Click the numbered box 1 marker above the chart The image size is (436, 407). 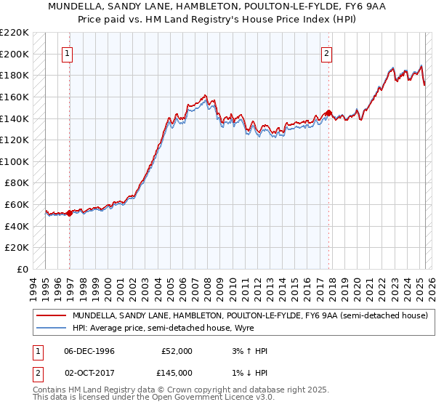[x=67, y=53]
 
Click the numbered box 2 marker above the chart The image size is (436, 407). [x=326, y=53]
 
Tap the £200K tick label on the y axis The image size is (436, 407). [x=15, y=55]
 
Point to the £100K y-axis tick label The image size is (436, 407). [x=15, y=162]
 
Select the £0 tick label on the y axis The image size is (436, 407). [x=23, y=270]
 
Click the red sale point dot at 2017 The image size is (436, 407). [x=328, y=113]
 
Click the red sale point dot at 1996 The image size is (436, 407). [x=70, y=213]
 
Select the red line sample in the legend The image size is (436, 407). [x=51, y=316]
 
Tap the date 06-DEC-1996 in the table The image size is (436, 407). [x=89, y=351]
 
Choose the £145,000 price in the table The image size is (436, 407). [x=177, y=373]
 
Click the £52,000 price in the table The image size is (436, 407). [x=177, y=351]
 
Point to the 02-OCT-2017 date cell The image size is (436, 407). [x=89, y=373]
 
